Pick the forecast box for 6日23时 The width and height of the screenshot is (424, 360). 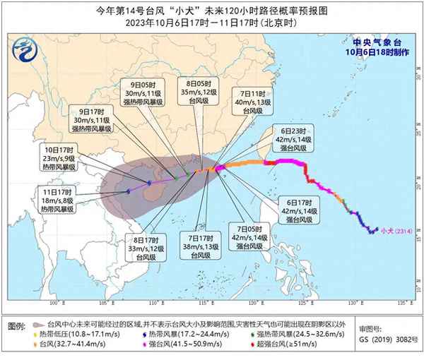[x=295, y=139]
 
